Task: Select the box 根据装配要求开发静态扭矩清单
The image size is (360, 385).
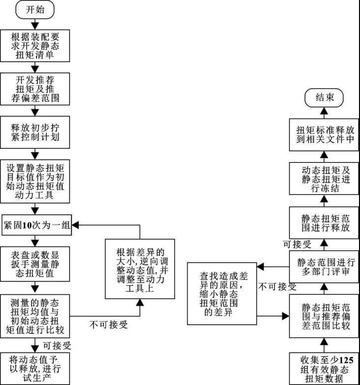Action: pyautogui.click(x=35, y=45)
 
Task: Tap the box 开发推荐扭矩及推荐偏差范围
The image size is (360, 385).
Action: pyautogui.click(x=35, y=89)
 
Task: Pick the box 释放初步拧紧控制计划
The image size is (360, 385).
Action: pyautogui.click(x=35, y=132)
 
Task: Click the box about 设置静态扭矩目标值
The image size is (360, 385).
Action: pyautogui.click(x=35, y=181)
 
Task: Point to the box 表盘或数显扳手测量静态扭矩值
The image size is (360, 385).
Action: pyautogui.click(x=35, y=263)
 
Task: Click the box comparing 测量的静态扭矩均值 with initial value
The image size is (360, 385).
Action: pyautogui.click(x=35, y=315)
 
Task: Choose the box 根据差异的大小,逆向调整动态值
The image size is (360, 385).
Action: pyautogui.click(x=140, y=268)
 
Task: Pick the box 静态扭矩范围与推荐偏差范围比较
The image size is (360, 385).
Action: pyautogui.click(x=324, y=316)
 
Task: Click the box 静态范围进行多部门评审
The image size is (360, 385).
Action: pyautogui.click(x=324, y=266)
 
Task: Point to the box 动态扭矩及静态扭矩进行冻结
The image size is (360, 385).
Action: pyautogui.click(x=324, y=179)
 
